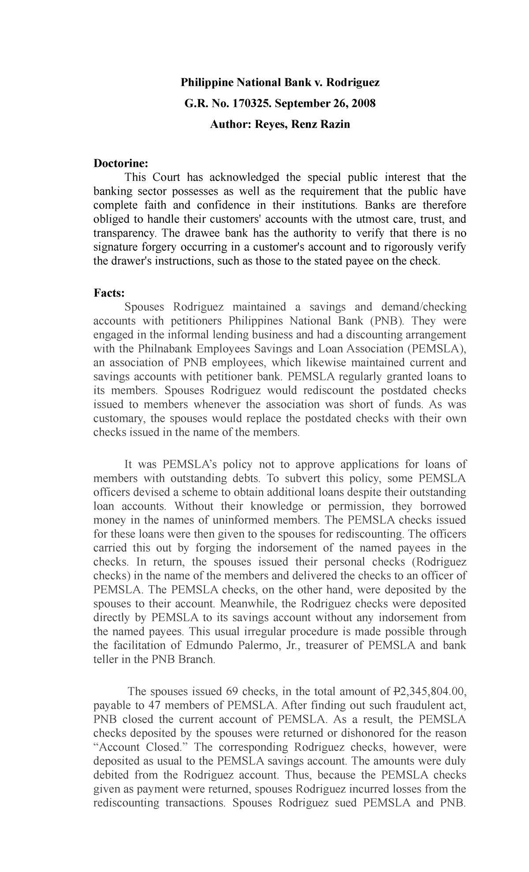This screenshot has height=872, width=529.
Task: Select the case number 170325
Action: pyautogui.click(x=245, y=104)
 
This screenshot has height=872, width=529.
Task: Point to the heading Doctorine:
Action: pyautogui.click(x=121, y=163)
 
